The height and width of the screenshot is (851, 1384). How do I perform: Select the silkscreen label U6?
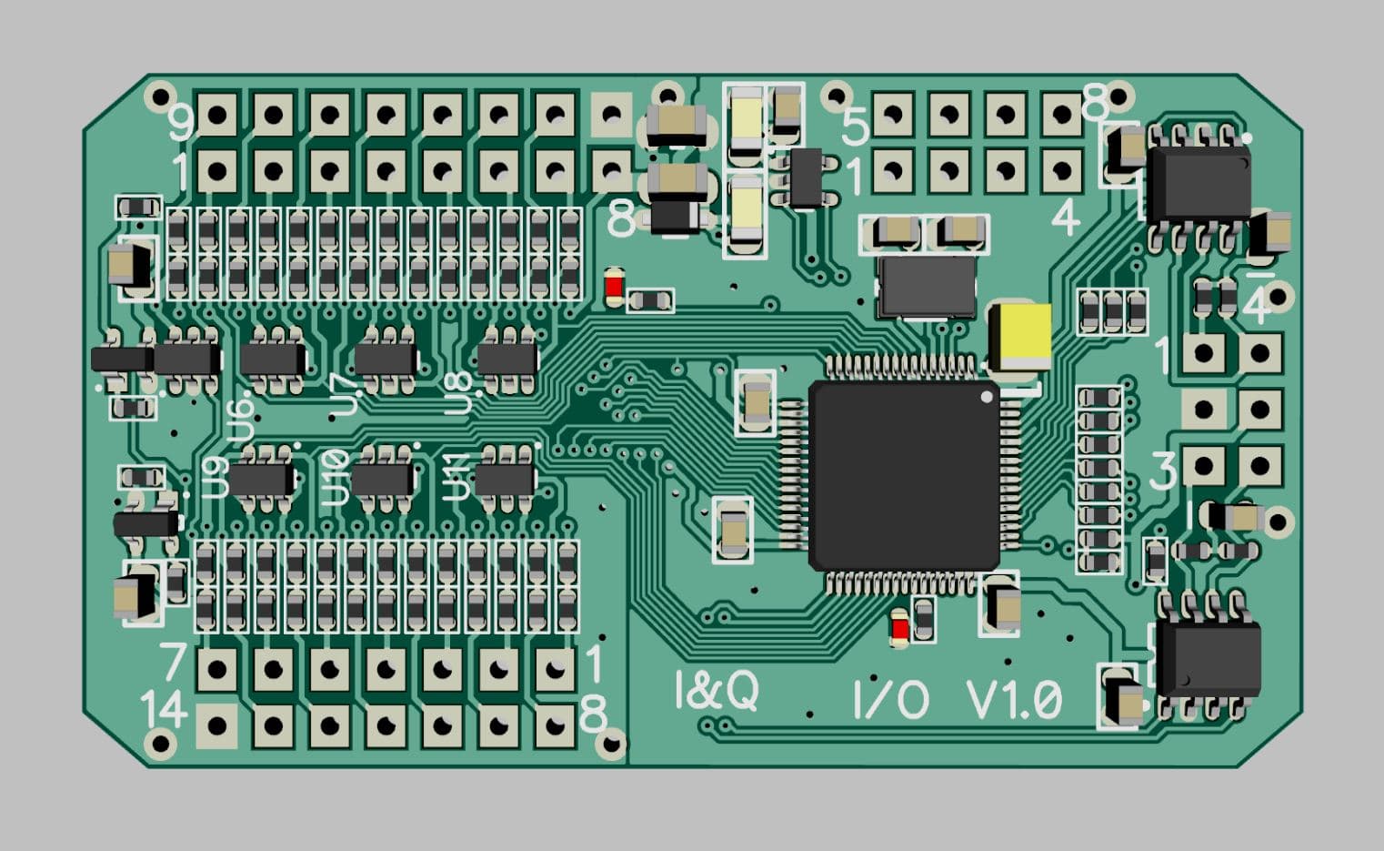click(x=242, y=420)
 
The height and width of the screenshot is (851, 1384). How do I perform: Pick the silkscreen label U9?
click(x=216, y=477)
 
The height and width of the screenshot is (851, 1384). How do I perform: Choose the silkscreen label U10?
click(x=336, y=478)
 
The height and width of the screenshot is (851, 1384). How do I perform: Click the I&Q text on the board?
click(x=717, y=690)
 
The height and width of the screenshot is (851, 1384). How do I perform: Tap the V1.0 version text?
click(x=1013, y=700)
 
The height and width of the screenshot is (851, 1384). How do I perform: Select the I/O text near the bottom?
click(x=890, y=699)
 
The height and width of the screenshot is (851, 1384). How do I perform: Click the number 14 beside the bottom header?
click(x=164, y=709)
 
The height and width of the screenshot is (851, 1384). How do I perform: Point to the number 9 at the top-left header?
click(x=183, y=123)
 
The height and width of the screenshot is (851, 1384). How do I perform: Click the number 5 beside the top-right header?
click(x=855, y=126)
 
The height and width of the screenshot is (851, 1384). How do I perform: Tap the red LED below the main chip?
click(x=899, y=627)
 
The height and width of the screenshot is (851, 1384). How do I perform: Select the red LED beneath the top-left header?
click(x=614, y=288)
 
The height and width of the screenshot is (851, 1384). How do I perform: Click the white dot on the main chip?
click(x=988, y=397)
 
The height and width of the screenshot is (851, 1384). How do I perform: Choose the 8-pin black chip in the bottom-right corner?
click(x=1208, y=656)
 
